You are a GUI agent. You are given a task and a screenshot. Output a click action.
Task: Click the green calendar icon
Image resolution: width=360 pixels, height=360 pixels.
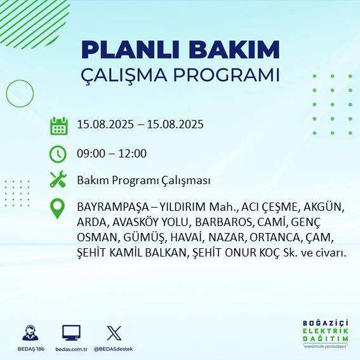click(x=58, y=125)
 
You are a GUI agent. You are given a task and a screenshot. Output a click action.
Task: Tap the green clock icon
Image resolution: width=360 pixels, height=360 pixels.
click(x=58, y=153)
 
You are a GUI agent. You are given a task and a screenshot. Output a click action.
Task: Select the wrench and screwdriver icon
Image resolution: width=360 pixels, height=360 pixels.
click(x=58, y=180)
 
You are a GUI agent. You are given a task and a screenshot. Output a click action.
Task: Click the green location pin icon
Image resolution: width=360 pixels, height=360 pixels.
click(x=58, y=209)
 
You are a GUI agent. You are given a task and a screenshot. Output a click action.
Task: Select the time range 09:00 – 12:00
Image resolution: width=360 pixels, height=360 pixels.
click(x=112, y=153)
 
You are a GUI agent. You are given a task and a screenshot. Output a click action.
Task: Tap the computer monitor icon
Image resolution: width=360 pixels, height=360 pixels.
click(x=71, y=332)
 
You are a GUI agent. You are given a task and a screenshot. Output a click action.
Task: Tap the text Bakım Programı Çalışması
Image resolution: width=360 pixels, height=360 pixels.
click(x=143, y=181)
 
